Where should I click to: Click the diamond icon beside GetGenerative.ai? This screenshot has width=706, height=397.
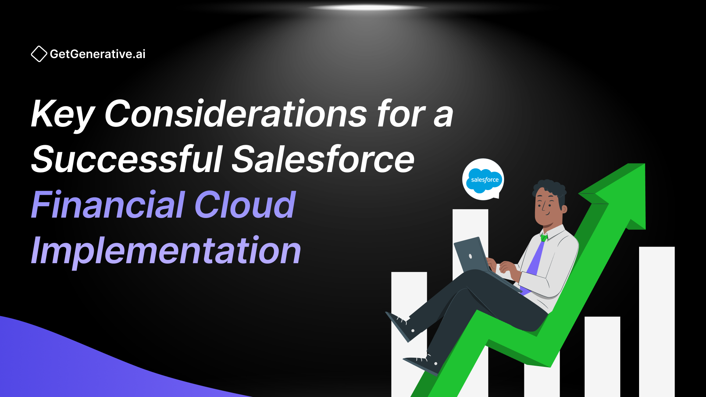click(39, 54)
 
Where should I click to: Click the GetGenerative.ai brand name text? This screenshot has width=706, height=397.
click(98, 54)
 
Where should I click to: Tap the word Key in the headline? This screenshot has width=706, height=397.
click(63, 114)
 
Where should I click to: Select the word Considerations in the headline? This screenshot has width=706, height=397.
click(235, 114)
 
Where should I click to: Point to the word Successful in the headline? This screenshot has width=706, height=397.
click(127, 159)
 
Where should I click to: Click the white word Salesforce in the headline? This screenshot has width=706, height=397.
click(324, 159)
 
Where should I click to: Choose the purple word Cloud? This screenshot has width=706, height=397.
click(245, 205)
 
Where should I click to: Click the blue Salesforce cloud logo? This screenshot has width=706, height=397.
click(484, 180)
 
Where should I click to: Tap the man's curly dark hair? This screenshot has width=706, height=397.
click(550, 187)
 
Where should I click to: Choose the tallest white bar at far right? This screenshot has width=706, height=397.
click(657, 320)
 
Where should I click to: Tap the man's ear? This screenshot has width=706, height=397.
click(564, 209)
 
